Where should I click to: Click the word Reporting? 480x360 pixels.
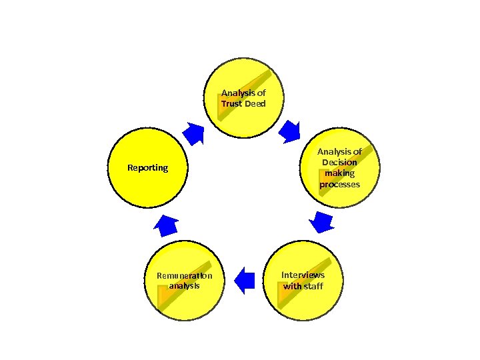(148, 167)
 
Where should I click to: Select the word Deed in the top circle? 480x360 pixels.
(255, 104)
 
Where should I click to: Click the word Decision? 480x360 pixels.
(339, 162)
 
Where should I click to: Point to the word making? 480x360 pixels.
(339, 173)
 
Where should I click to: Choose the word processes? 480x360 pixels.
(339, 184)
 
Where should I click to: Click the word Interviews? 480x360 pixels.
(303, 275)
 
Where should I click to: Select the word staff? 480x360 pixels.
(313, 286)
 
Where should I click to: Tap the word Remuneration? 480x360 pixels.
(185, 275)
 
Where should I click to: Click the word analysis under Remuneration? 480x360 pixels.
(185, 286)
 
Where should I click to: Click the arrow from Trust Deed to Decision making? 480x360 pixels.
(289, 131)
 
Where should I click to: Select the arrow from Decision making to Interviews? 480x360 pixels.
(323, 221)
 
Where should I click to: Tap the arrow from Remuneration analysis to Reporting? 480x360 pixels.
(165, 225)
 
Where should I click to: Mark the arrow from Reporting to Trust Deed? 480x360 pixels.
(194, 133)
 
